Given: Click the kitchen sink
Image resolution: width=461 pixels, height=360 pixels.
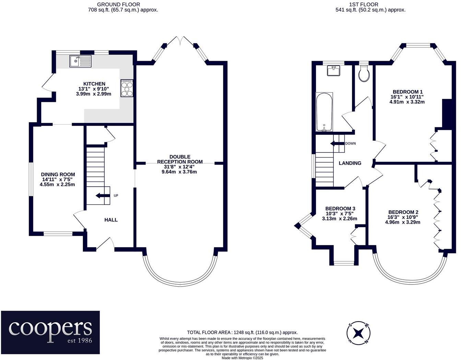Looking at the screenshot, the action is pyautogui.click(x=80, y=61).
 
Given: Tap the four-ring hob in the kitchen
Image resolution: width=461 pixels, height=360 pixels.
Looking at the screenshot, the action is pyautogui.click(x=127, y=88).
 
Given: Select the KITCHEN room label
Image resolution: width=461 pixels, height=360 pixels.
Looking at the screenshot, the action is pyautogui.click(x=94, y=84).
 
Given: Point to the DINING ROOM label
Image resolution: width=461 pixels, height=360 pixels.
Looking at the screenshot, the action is pyautogui.click(x=58, y=174).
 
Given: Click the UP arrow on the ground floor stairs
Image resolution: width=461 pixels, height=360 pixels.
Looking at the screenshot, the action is pyautogui.click(x=101, y=196).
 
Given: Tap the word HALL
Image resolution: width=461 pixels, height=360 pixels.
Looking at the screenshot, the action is pyautogui.click(x=111, y=220).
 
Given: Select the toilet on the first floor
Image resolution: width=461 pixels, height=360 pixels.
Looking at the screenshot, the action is pyautogui.click(x=364, y=73).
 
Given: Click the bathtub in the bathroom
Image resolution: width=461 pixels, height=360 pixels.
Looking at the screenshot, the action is pyautogui.click(x=324, y=112).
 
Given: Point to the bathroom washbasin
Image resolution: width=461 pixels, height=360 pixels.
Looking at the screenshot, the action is pyautogui.click(x=334, y=70).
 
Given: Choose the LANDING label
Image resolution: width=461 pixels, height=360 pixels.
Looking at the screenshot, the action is pyautogui.click(x=350, y=163).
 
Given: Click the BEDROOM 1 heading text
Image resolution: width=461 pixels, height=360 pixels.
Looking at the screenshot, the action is pyautogui.click(x=407, y=92).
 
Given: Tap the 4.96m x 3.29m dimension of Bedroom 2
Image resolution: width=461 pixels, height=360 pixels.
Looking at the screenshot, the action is pyautogui.click(x=403, y=222).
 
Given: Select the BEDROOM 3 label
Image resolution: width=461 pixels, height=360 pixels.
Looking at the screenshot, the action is pyautogui.click(x=340, y=209).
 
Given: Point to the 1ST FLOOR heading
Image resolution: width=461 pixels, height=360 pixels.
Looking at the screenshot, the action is pyautogui.click(x=370, y=4).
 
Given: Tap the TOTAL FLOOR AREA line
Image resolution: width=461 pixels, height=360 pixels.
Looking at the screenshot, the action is pyautogui.click(x=242, y=333).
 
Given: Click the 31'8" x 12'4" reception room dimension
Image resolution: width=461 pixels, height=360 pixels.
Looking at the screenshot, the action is pyautogui.click(x=180, y=167).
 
